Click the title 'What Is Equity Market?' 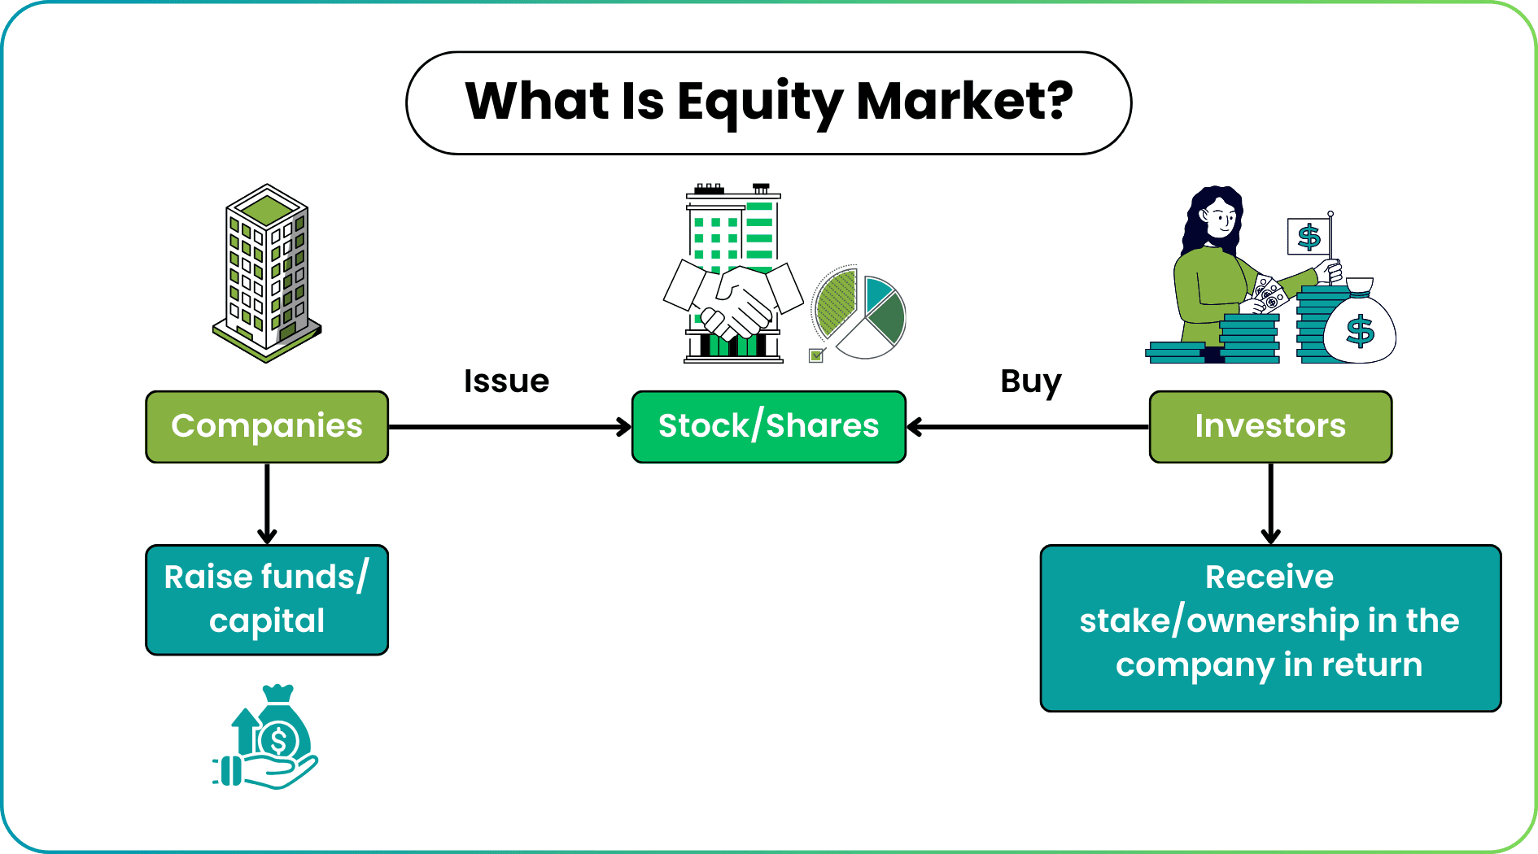pos(768,102)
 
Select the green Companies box pos(267,426)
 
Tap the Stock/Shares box pos(768,426)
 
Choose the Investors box pos(1269,426)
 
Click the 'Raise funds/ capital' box pos(267,599)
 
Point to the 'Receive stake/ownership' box pos(1269,628)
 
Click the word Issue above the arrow pos(506,381)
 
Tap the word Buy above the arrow pos(1030,381)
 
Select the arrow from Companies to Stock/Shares pos(509,426)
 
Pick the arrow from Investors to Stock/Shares pos(1027,426)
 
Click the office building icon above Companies pos(267,272)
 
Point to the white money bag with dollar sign pos(1359,325)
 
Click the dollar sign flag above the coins pos(1309,237)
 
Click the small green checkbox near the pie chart pos(816,355)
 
